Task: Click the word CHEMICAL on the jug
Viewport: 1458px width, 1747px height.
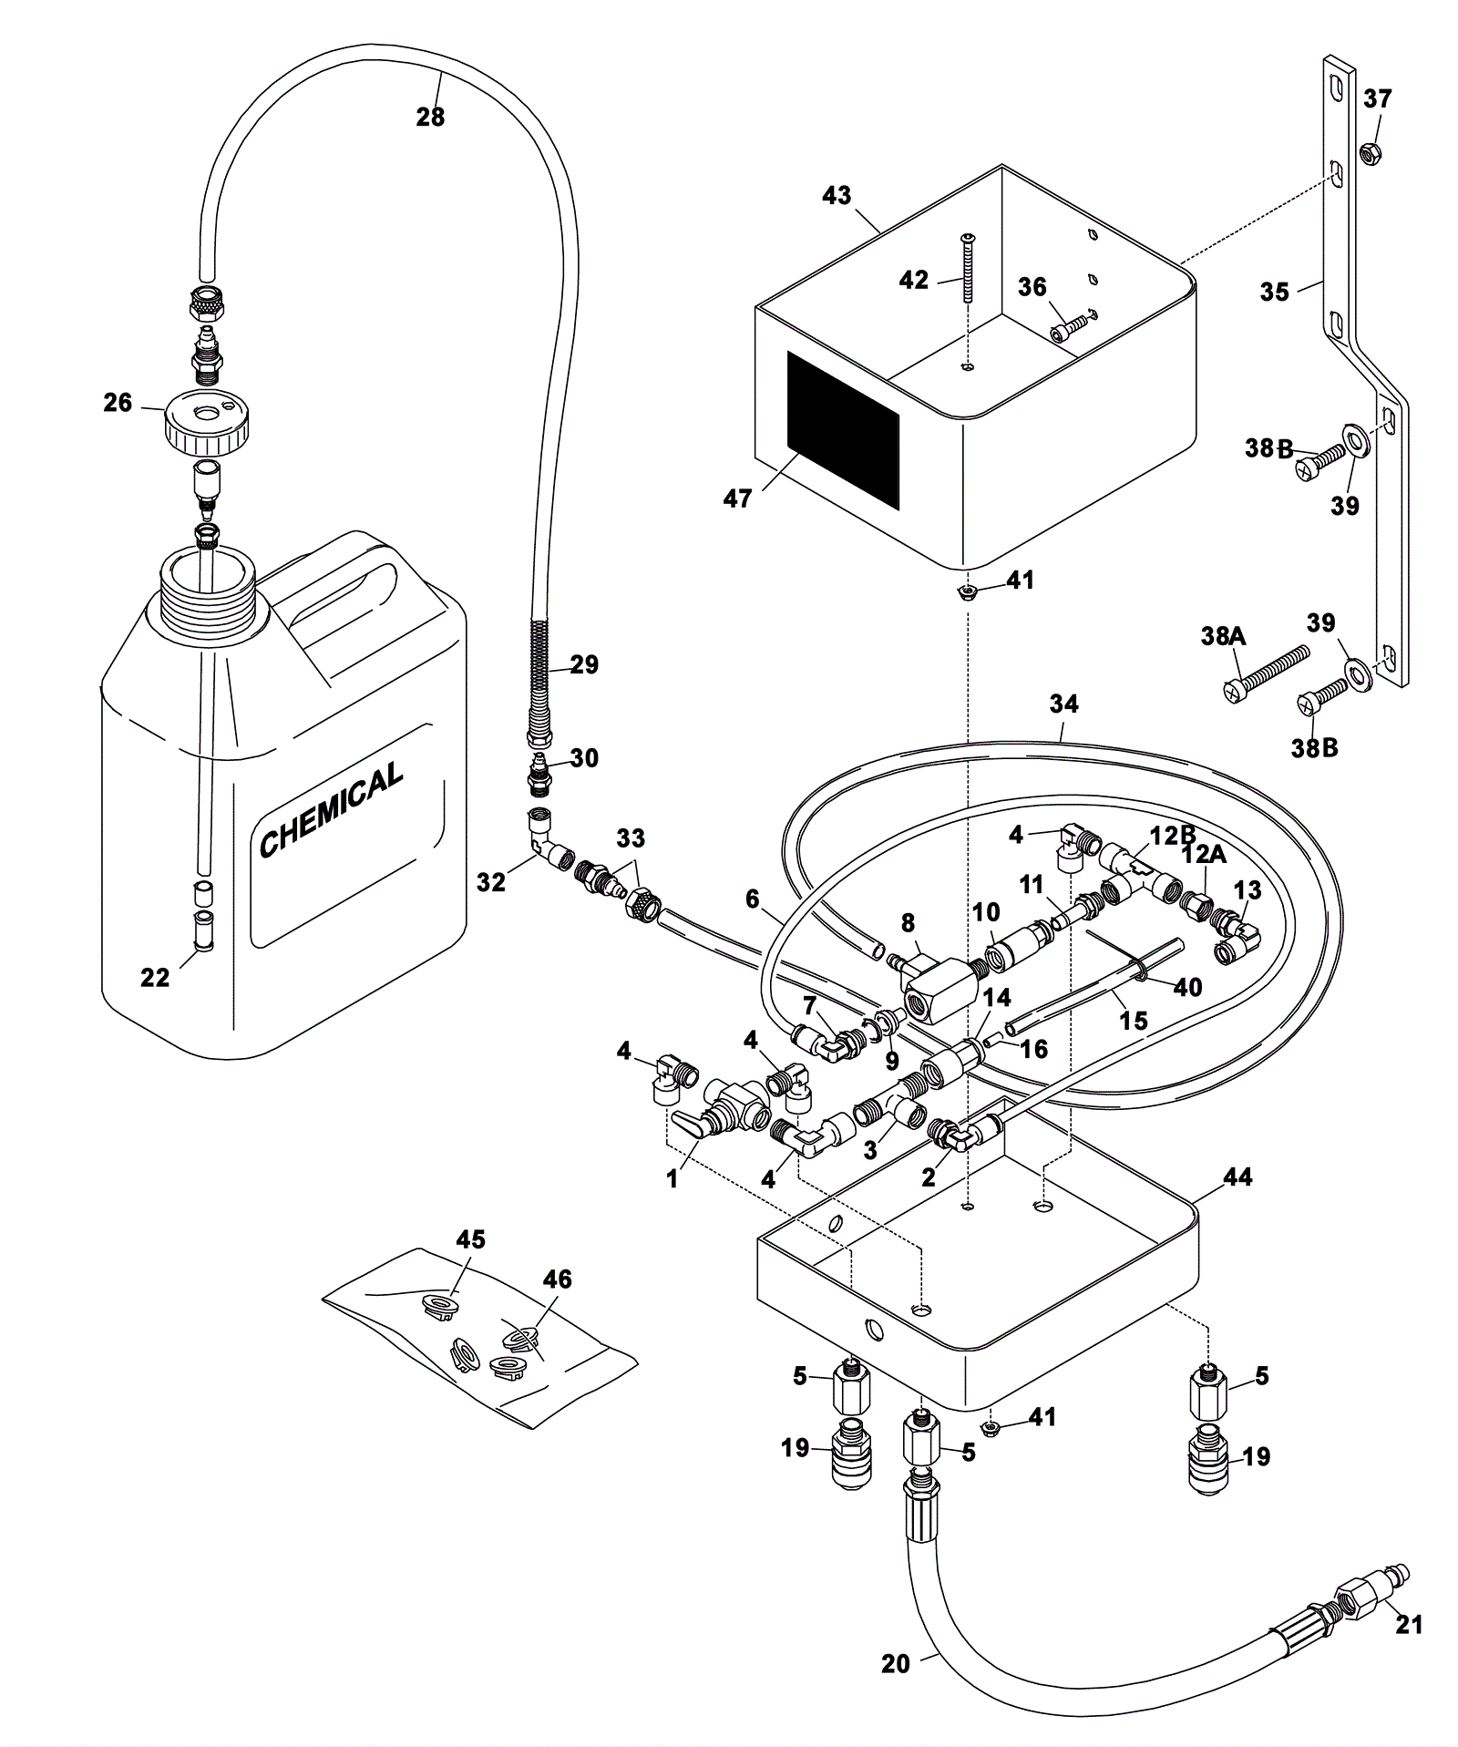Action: coord(331,809)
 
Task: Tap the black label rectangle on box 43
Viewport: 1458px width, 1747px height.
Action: coord(843,430)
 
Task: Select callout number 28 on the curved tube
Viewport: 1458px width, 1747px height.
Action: coord(430,117)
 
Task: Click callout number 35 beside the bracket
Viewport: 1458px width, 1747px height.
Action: coord(1275,292)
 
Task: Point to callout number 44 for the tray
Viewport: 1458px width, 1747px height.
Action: coord(1237,1177)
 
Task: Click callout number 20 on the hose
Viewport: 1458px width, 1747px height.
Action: coord(896,1664)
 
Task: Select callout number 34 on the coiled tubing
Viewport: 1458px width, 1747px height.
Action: coord(1063,704)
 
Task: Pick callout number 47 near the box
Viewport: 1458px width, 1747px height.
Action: coord(737,498)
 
